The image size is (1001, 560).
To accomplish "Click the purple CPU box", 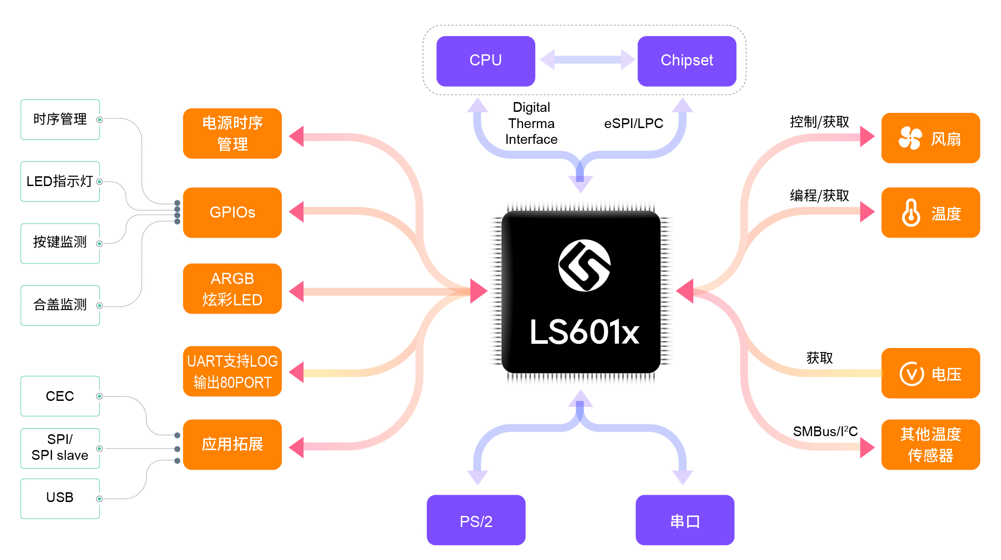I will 486,61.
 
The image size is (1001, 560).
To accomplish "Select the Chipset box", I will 687,61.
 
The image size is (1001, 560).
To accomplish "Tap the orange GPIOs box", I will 232,212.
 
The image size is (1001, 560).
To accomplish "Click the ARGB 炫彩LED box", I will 232,289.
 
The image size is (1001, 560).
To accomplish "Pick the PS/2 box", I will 476,520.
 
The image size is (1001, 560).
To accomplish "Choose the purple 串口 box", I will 685,520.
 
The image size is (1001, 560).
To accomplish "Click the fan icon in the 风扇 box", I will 910,138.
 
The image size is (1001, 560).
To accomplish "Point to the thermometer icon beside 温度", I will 911,213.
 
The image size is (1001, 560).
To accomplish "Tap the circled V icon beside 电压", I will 912,373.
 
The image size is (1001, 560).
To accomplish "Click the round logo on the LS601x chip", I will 584,265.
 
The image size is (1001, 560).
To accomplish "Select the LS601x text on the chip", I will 584,332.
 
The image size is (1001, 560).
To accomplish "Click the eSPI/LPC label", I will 633,123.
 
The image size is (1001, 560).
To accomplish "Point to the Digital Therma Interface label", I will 531,123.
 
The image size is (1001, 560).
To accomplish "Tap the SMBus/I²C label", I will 825,431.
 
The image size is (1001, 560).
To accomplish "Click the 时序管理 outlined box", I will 60,120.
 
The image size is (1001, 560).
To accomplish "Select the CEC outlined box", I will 60,396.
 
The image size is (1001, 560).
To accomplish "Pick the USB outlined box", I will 60,498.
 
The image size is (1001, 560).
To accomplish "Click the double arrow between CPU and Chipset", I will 587,60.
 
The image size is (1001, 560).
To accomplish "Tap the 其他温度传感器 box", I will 930,444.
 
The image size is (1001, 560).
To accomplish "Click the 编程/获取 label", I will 819,195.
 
